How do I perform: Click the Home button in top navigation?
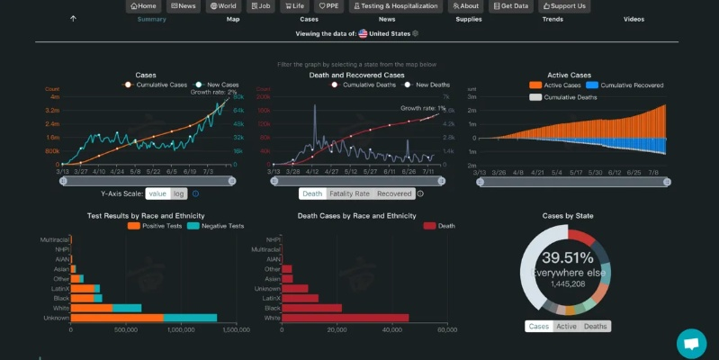pos(142,6)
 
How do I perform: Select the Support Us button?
pos(564,6)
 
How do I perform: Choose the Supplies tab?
pos(468,19)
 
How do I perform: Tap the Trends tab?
pos(553,19)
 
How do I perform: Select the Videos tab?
pos(634,19)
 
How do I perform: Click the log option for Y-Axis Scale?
pos(178,193)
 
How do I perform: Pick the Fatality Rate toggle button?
pos(349,193)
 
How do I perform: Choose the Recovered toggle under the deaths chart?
pos(394,193)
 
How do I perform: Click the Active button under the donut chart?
pos(566,326)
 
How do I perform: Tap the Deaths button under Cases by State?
pos(595,326)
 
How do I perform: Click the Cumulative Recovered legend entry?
pos(630,85)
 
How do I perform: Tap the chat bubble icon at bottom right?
pos(691,343)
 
